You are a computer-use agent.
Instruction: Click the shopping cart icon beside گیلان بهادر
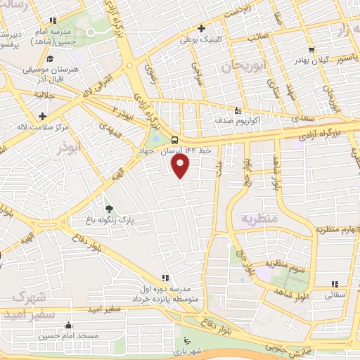[x=311, y=50]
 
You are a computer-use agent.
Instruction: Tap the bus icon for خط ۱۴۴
[x=174, y=139]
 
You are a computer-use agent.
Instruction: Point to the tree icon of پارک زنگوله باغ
[x=108, y=209]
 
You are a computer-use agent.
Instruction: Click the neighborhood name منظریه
[x=259, y=219]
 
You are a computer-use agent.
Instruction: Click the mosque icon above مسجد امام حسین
[x=67, y=325]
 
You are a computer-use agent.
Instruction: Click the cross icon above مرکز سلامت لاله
[x=43, y=115]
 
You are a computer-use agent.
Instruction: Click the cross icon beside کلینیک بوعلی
[x=202, y=29]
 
